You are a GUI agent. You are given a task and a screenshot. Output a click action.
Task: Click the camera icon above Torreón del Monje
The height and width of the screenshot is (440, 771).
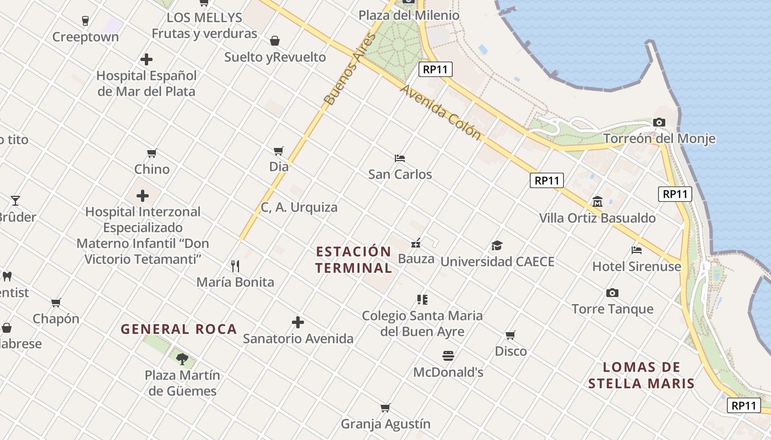pyautogui.click(x=659, y=122)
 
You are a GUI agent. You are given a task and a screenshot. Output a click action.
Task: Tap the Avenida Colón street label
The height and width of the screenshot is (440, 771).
pyautogui.click(x=441, y=112)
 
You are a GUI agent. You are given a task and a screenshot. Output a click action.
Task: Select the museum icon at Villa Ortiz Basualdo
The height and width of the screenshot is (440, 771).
pyautogui.click(x=598, y=202)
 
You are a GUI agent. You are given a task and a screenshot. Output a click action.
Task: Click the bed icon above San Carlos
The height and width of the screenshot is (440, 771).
pyautogui.click(x=400, y=158)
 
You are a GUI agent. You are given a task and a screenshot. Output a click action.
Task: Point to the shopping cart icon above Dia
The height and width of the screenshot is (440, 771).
pyautogui.click(x=279, y=151)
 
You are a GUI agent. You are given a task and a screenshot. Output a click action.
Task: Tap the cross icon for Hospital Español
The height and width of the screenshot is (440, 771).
pyautogui.click(x=146, y=59)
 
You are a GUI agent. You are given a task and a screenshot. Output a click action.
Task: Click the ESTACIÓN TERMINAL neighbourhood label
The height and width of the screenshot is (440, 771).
pyautogui.click(x=354, y=260)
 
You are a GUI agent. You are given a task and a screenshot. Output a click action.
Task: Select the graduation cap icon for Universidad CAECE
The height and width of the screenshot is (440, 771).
pyautogui.click(x=497, y=245)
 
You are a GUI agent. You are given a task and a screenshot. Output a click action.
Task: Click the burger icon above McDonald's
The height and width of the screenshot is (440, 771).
pyautogui.click(x=448, y=356)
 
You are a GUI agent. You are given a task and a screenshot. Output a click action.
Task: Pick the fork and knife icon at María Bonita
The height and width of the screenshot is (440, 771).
pyautogui.click(x=235, y=266)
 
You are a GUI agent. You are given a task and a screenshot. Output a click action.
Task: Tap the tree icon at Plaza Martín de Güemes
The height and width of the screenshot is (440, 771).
pyautogui.click(x=182, y=360)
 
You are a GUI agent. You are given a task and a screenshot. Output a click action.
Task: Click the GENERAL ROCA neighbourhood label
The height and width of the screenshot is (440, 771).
pyautogui.click(x=178, y=329)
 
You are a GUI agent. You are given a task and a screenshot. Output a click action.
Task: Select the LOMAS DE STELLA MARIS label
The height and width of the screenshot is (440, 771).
pyautogui.click(x=641, y=375)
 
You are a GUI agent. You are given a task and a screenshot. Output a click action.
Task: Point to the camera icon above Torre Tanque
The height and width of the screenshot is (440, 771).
pyautogui.click(x=612, y=293)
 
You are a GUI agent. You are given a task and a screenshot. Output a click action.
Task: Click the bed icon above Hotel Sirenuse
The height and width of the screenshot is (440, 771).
pyautogui.click(x=637, y=250)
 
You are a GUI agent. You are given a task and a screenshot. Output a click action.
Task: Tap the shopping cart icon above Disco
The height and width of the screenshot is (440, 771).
pyautogui.click(x=511, y=335)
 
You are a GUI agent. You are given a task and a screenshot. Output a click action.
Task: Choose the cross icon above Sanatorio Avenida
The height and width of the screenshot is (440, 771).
pyautogui.click(x=298, y=322)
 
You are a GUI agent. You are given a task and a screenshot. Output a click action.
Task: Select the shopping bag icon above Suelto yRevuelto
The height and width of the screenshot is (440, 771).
pyautogui.click(x=274, y=41)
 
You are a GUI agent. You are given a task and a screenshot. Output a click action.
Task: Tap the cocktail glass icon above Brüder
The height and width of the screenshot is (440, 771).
pyautogui.click(x=15, y=200)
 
